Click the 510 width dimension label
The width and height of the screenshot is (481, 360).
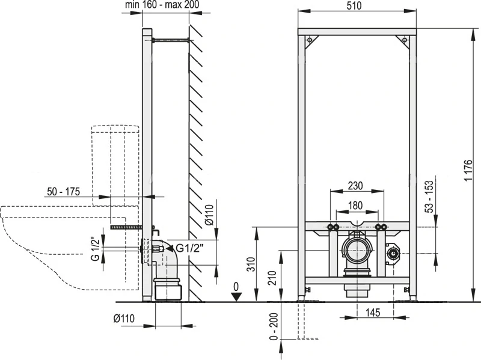354,5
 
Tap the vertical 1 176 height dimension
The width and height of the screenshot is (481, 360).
468,170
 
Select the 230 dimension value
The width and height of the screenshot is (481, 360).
355,186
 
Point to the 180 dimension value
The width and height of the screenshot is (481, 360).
355,205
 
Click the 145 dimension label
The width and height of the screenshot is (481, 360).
373,312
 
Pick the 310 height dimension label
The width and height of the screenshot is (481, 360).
251,264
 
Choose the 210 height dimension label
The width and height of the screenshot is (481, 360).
272,278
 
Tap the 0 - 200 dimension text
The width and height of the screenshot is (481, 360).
274,326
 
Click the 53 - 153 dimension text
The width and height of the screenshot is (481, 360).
430,197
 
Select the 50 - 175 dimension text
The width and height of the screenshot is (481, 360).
63,192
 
